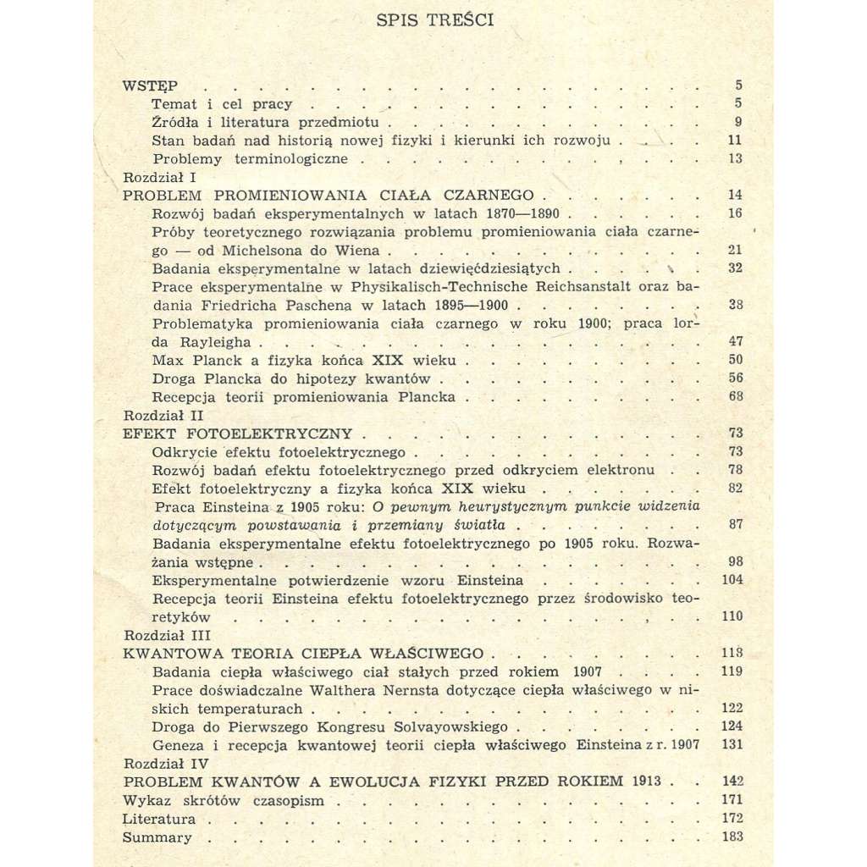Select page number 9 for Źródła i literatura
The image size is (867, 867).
738,122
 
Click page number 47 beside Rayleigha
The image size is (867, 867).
734,342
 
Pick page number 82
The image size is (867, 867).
734,489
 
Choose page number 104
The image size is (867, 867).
732,580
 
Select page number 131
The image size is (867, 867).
732,745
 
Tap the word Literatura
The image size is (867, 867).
159,819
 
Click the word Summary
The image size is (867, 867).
157,837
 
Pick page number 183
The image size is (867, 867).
732,837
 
